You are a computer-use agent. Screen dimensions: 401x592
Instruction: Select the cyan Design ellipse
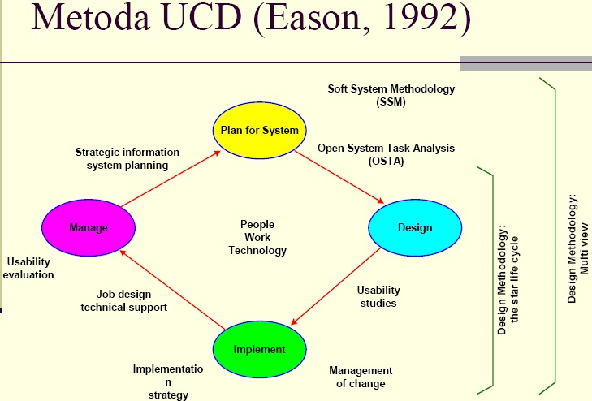click(x=415, y=227)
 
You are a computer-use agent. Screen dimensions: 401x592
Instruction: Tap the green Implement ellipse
click(x=259, y=349)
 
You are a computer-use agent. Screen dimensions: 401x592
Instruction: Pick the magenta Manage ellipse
click(x=88, y=228)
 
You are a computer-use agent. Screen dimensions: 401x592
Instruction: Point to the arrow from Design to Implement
click(x=336, y=287)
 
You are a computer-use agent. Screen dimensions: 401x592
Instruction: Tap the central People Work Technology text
click(x=257, y=237)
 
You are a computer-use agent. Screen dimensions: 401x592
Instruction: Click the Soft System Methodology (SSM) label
click(x=391, y=96)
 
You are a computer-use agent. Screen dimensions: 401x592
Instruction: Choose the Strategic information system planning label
click(x=127, y=158)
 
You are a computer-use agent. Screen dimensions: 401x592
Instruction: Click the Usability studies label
click(x=378, y=296)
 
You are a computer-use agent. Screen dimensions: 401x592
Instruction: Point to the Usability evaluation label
click(x=28, y=268)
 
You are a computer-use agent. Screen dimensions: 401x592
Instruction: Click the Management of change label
click(x=361, y=377)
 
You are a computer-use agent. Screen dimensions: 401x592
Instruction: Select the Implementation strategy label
click(x=168, y=382)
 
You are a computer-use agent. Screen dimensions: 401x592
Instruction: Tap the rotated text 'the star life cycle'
click(x=515, y=280)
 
